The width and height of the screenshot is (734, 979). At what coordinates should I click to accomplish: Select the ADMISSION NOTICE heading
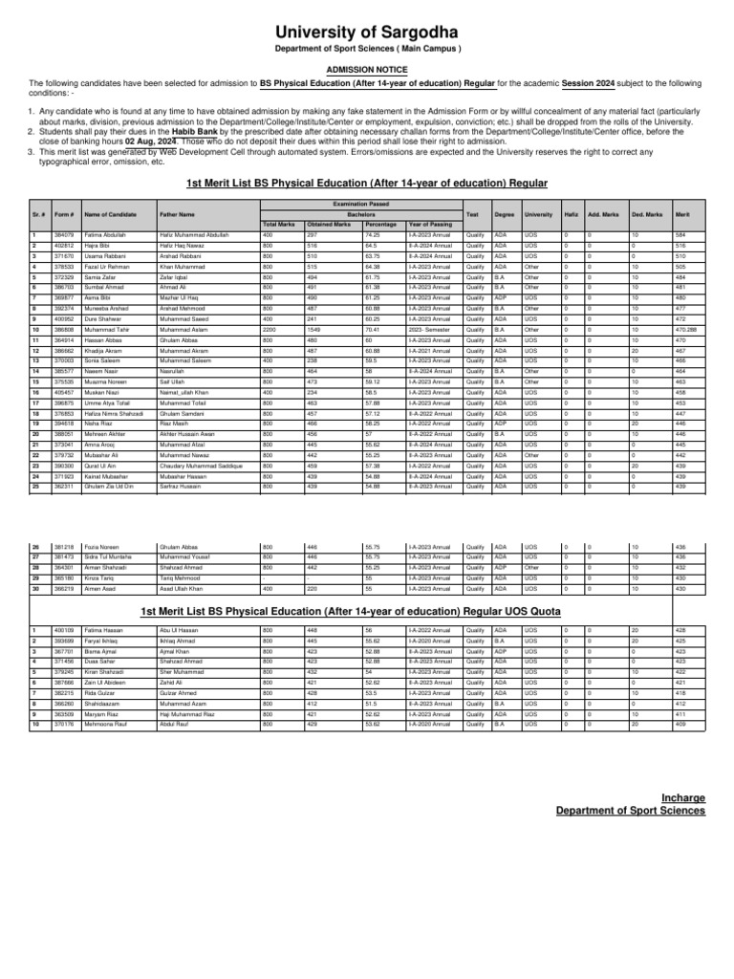point(367,70)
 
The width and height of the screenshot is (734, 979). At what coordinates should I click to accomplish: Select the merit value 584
point(681,235)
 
